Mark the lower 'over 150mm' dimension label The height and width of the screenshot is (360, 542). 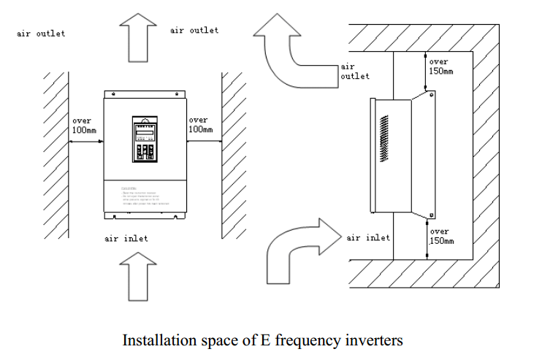tap(440, 236)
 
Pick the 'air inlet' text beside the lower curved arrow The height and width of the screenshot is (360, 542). tap(368, 237)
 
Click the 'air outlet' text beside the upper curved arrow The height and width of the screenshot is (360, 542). tap(355, 71)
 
